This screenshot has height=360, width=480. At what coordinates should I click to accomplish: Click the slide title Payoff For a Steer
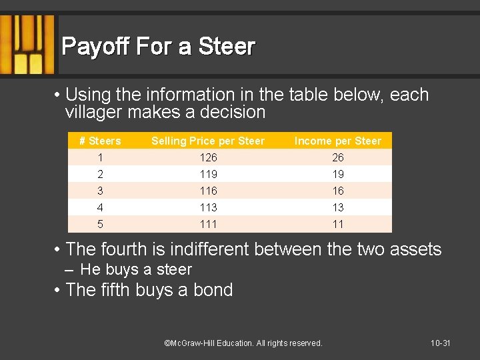click(158, 47)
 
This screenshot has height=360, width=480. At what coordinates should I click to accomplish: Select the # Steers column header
click(100, 141)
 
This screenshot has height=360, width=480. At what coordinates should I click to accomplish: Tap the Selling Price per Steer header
click(208, 141)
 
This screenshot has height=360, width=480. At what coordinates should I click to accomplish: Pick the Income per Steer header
click(338, 141)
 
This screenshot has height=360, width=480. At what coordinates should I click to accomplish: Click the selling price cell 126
click(208, 157)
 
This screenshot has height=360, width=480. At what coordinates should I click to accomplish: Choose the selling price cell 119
click(208, 174)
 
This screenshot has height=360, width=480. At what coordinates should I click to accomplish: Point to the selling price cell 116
click(208, 191)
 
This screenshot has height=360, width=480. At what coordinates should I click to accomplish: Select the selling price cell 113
click(208, 207)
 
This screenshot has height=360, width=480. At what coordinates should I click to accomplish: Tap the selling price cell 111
click(208, 224)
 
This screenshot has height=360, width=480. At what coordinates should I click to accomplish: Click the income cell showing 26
click(338, 157)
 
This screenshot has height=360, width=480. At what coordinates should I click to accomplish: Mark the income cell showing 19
click(338, 174)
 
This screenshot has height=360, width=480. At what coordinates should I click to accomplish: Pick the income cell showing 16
click(338, 191)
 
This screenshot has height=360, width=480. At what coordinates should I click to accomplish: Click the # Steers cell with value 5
click(100, 224)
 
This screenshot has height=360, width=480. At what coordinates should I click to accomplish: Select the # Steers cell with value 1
click(100, 157)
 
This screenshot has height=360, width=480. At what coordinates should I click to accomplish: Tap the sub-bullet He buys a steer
click(135, 269)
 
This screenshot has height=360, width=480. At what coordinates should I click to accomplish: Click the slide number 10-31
click(441, 343)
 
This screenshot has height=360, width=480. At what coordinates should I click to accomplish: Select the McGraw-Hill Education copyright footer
click(243, 343)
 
